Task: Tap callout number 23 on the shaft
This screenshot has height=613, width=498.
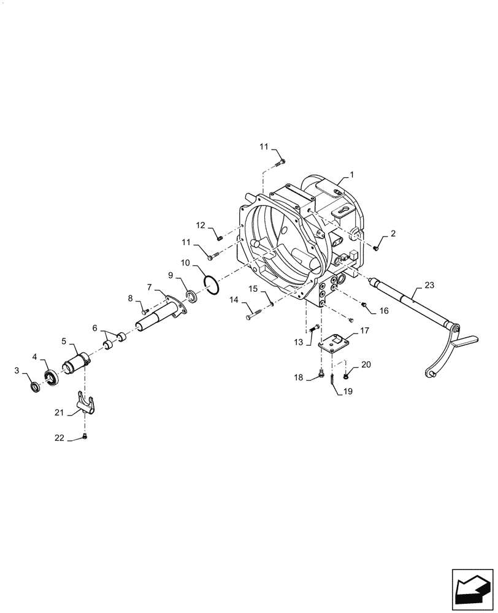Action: click(428, 286)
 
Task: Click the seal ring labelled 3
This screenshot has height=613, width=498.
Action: click(36, 387)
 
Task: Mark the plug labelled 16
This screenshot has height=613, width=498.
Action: click(364, 303)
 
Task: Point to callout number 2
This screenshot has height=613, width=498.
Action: click(393, 233)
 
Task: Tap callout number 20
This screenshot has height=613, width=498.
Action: click(366, 364)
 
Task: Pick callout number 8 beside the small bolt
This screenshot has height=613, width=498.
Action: click(130, 298)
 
